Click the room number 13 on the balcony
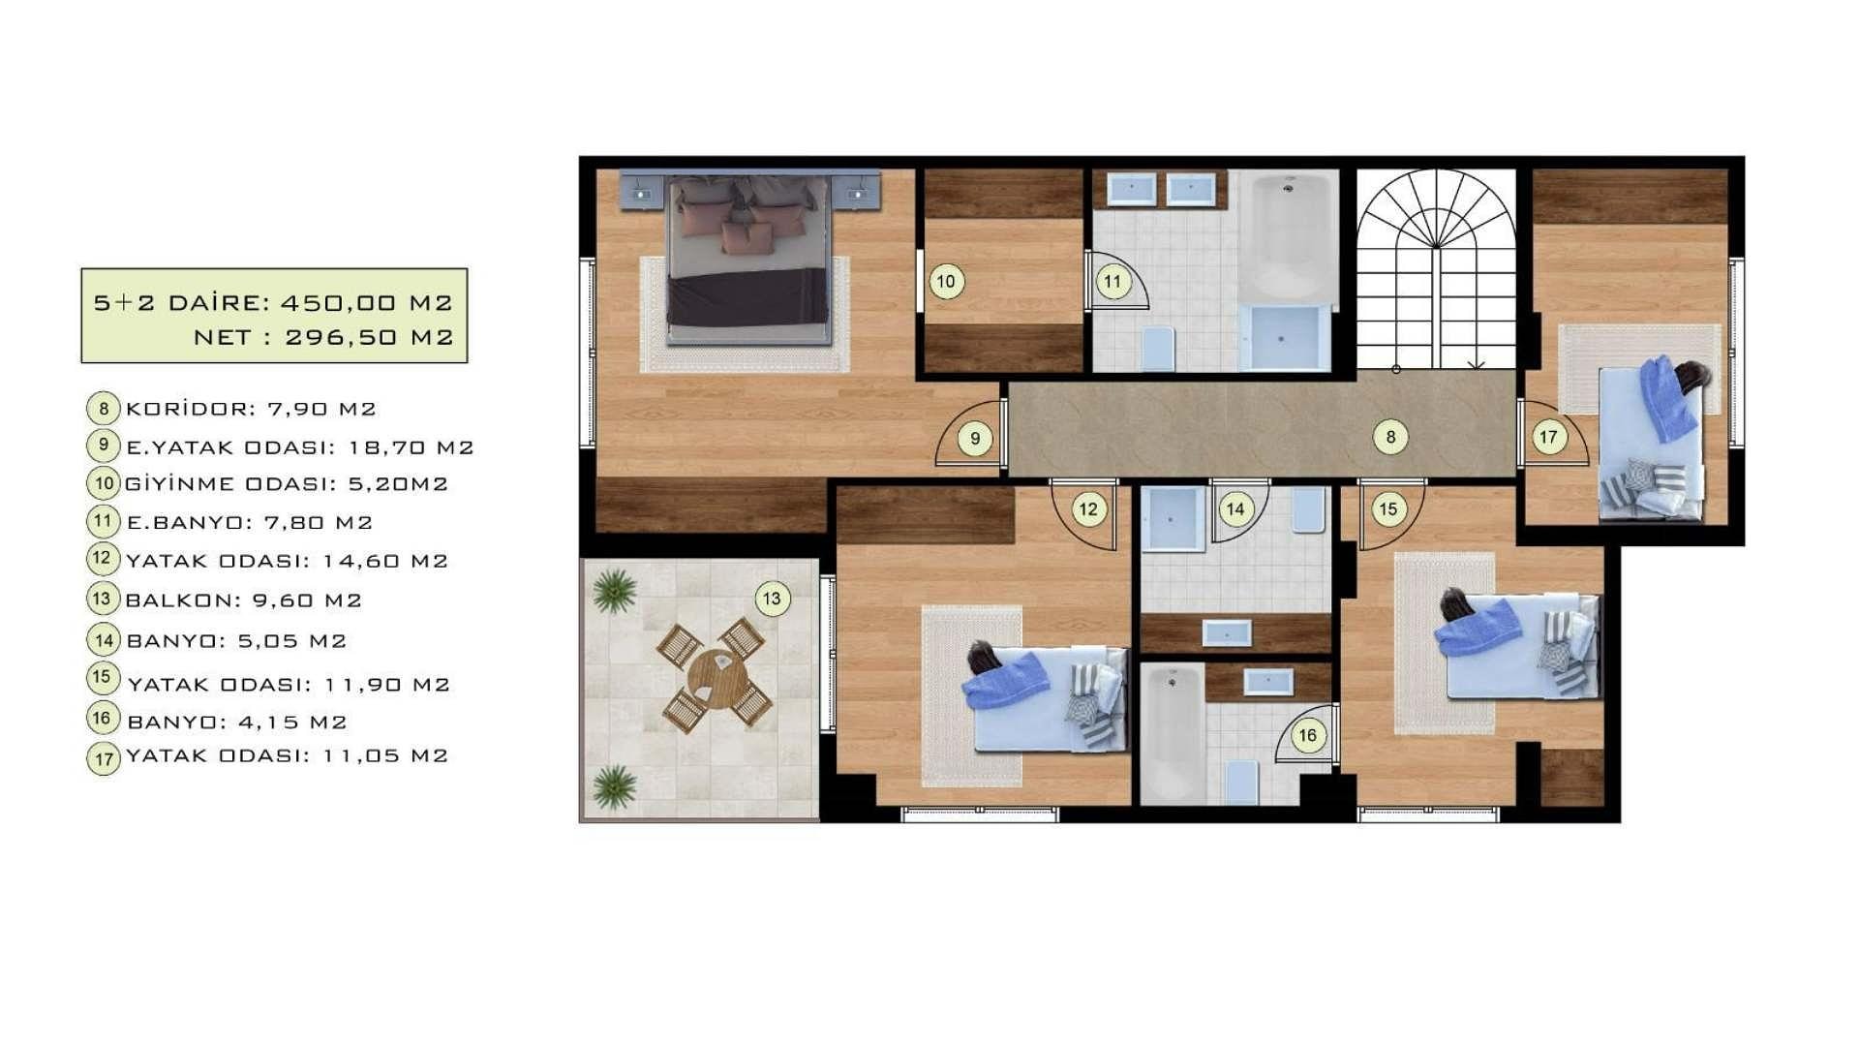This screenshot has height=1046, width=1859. [x=772, y=599]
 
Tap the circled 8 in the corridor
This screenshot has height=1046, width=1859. [x=1390, y=437]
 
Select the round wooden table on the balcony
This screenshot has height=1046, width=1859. [x=717, y=675]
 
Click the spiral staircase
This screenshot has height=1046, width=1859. [x=1436, y=269]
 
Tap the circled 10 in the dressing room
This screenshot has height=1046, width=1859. [x=946, y=282]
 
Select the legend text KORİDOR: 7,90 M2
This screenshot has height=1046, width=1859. [x=251, y=409]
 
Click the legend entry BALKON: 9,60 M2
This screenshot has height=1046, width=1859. [x=244, y=600]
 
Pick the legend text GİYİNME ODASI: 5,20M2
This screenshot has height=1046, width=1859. [x=287, y=483]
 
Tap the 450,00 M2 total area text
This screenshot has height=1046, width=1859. [x=367, y=302]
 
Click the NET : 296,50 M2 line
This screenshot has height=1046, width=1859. [x=323, y=337]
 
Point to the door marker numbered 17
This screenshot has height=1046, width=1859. [x=1548, y=437]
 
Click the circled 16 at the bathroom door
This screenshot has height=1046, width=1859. [x=1307, y=735]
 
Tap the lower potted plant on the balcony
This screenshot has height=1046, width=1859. [x=615, y=785]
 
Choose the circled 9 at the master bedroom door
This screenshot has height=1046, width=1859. [x=975, y=438]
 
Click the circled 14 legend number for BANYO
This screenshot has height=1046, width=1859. [x=104, y=639]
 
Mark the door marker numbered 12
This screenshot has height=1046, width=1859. [x=1088, y=509]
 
